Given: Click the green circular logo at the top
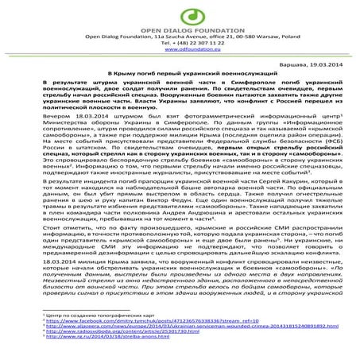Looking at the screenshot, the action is coord(180,11).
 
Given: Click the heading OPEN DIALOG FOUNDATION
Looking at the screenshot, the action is coord(180,26).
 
